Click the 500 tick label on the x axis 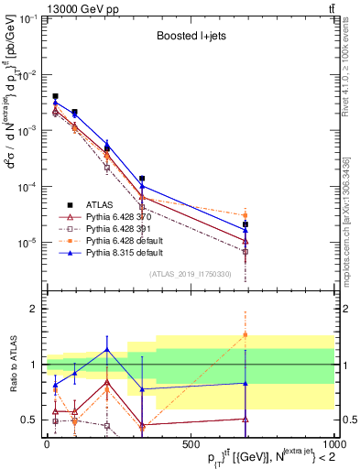click(x=191, y=443)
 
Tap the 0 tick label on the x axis click(x=47, y=443)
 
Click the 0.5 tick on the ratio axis click(x=29, y=420)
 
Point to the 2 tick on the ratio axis click(x=33, y=309)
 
